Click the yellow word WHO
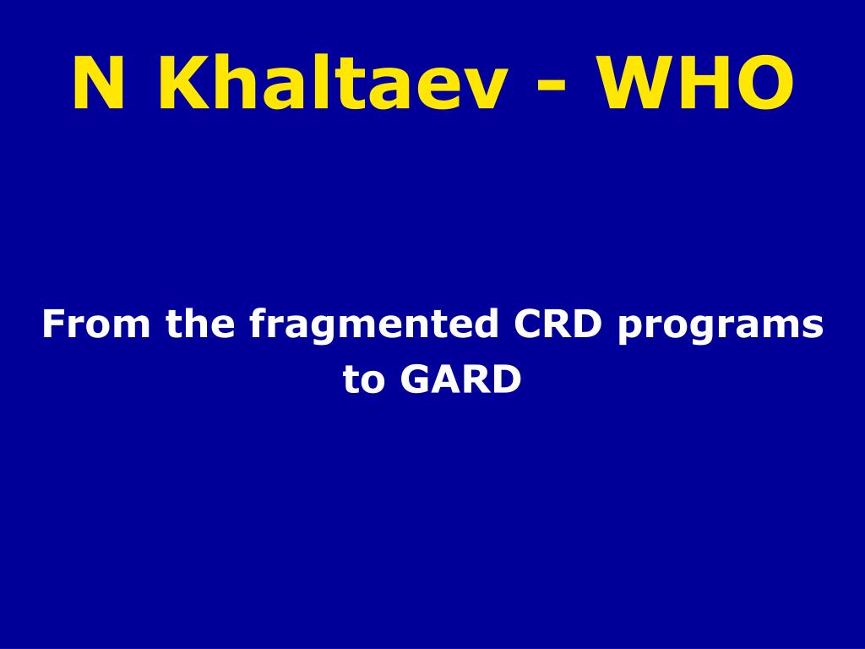coord(697,83)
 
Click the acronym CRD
coord(558,324)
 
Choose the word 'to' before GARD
coord(364,379)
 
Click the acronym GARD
coord(460,379)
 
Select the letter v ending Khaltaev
coord(482,90)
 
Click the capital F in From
coord(54,324)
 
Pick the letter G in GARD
coord(414,379)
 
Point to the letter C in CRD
coord(528,324)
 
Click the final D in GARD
coord(507,379)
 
